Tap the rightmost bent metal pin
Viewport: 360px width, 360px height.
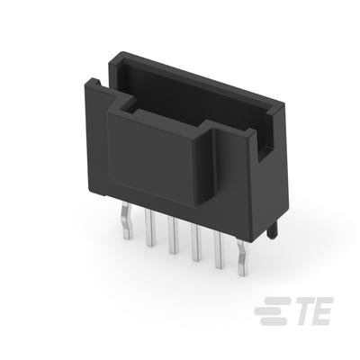[x=242, y=257]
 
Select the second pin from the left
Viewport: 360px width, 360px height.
[x=149, y=228]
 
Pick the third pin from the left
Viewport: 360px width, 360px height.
[x=173, y=236]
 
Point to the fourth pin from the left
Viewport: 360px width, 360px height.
[x=195, y=242]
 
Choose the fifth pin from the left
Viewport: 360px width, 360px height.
[x=219, y=250]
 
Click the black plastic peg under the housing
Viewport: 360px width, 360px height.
[x=273, y=231]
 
